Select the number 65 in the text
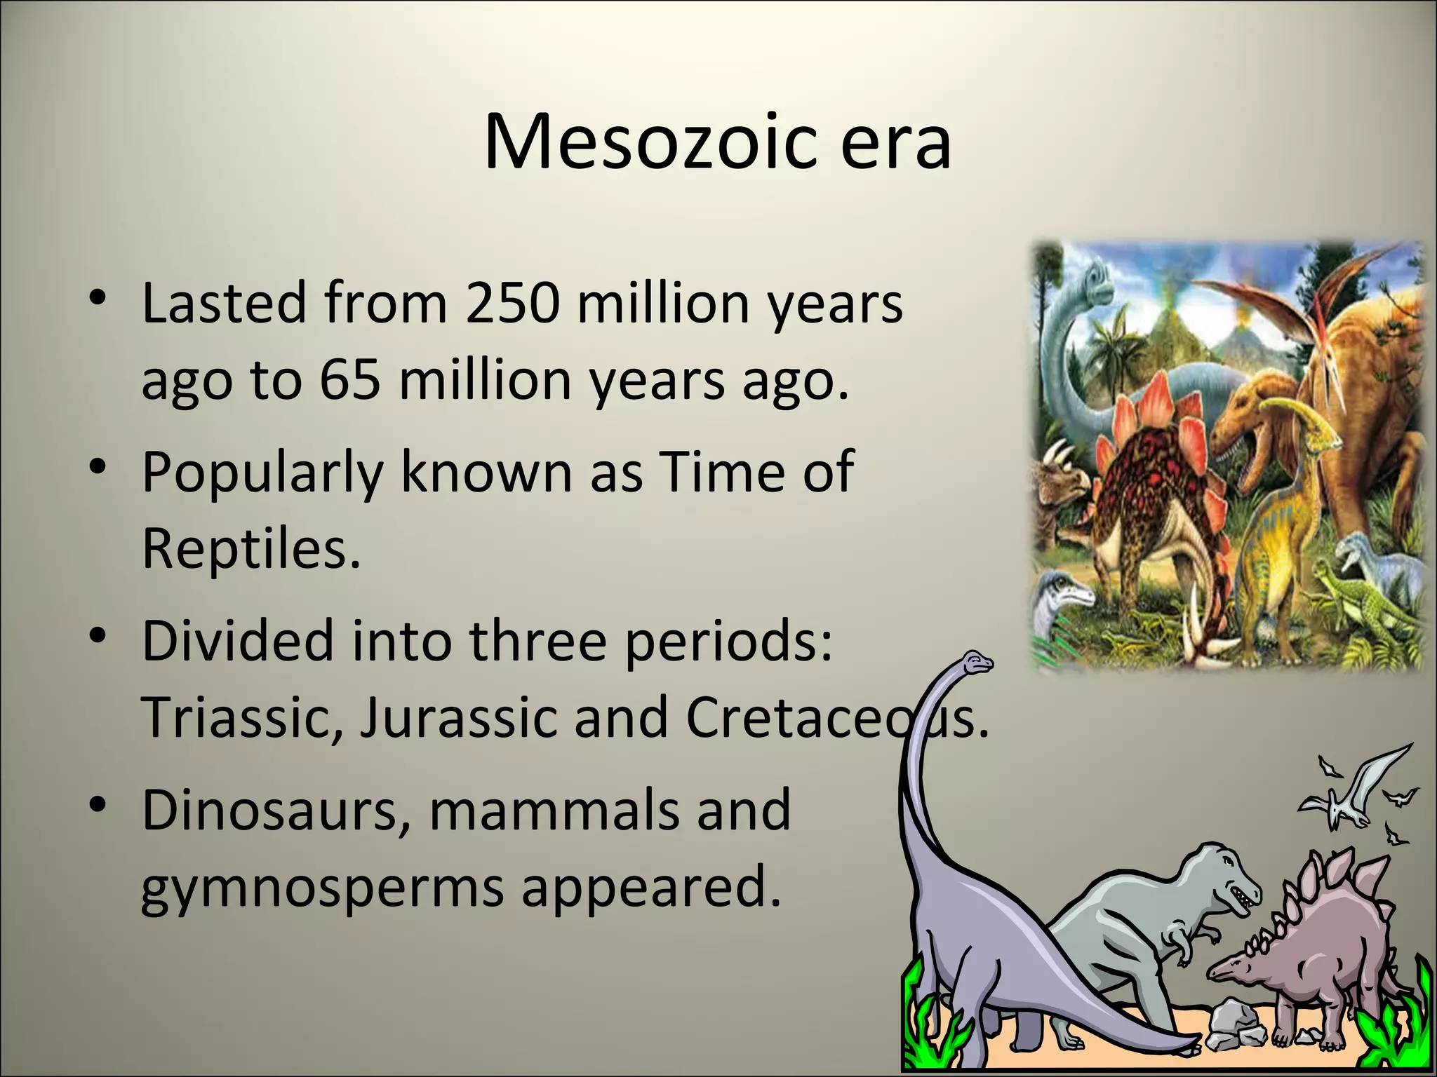350,379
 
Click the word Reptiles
250,548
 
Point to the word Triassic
243,717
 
